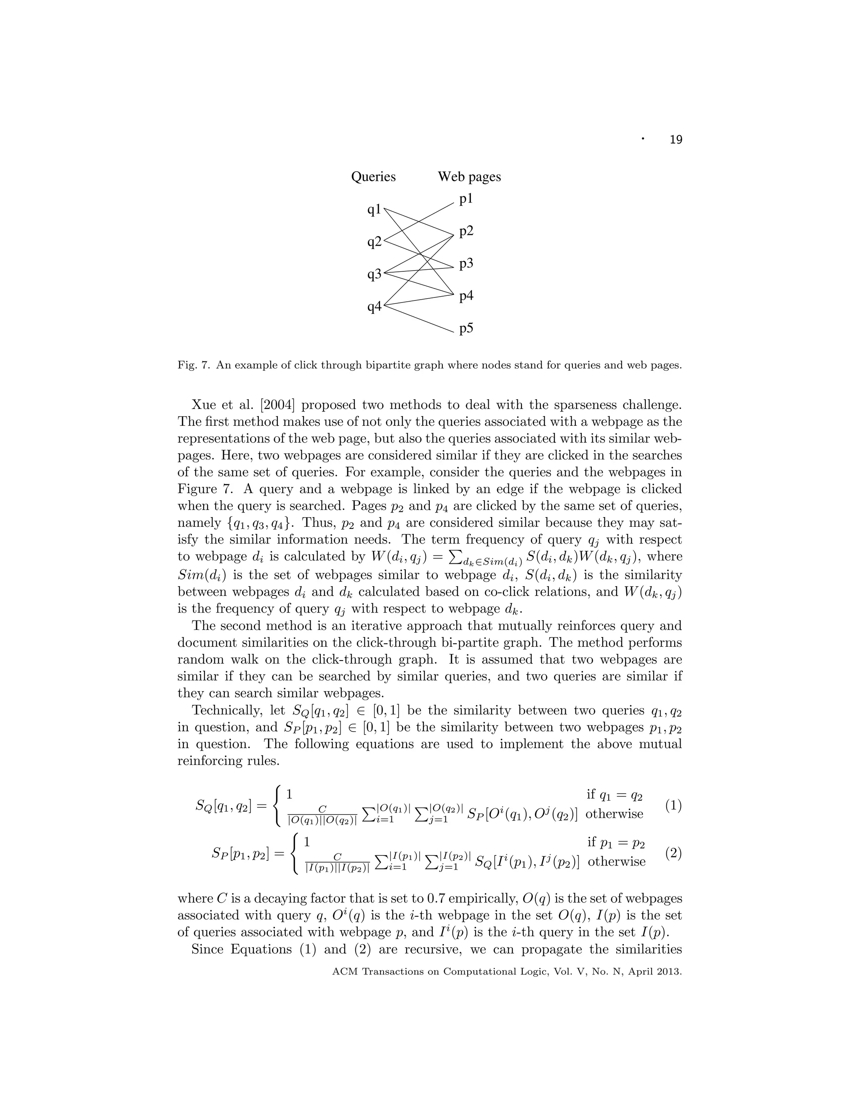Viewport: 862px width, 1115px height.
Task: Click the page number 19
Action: tap(675, 140)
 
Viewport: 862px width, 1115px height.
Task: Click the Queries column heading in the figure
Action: tap(373, 177)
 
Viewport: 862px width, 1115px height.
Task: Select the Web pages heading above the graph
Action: tap(469, 177)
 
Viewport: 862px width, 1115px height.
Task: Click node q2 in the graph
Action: tap(374, 242)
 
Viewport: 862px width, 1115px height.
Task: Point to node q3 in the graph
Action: tap(374, 275)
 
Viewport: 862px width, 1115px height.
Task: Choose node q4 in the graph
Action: tap(374, 307)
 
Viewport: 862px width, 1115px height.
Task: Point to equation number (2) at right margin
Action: tap(673, 852)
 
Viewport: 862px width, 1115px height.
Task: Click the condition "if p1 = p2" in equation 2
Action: tap(616, 843)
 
